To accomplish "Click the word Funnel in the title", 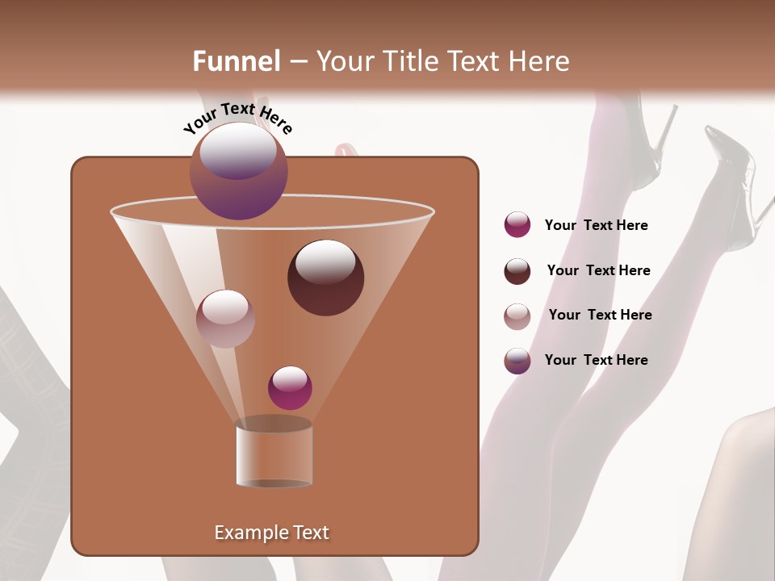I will pos(237,61).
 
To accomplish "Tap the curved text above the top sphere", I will pos(237,117).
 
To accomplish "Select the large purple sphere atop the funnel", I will pos(238,171).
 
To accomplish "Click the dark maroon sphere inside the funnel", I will pos(325,278).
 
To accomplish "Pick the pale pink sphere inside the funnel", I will pos(225,319).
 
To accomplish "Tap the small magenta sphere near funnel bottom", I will pos(290,388).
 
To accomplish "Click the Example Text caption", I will pos(271,533).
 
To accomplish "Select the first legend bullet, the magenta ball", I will pos(517,225).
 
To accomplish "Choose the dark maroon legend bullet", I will pos(517,271).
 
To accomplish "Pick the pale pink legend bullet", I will pos(517,316).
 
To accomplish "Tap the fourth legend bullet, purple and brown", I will pos(517,361).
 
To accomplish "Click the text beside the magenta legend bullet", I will pos(596,225).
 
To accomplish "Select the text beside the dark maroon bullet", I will pos(598,270).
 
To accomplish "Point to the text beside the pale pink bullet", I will pos(600,315).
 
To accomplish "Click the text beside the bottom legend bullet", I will pos(596,360).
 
